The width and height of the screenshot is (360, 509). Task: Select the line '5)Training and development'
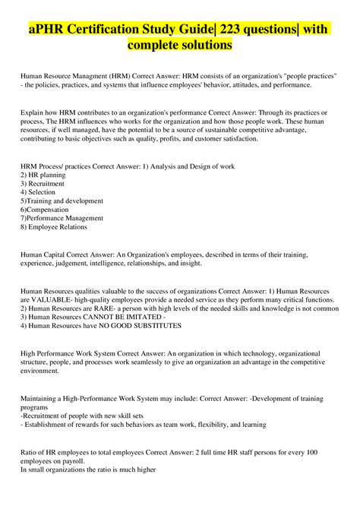(x=61, y=201)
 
